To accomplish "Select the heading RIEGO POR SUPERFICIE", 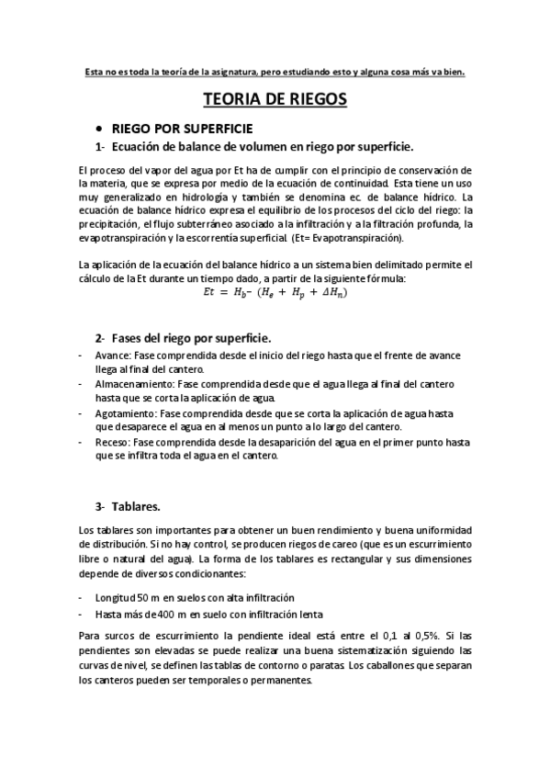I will [x=182, y=128].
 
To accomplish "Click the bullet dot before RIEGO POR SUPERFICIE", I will [x=99, y=128].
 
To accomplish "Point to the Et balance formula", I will [x=275, y=292].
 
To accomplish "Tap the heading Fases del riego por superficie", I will [x=183, y=338].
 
